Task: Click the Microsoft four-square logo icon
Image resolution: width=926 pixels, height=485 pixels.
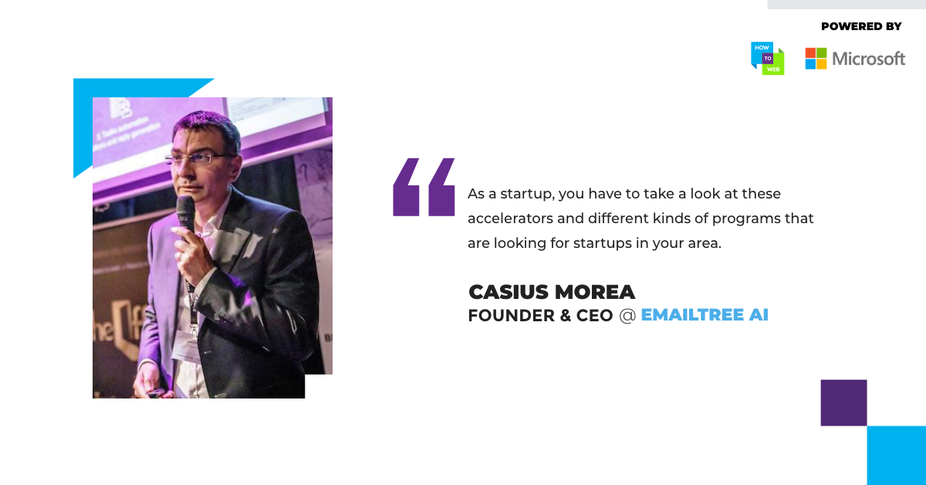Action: [x=816, y=59]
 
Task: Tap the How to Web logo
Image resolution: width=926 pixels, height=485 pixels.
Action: [x=767, y=59]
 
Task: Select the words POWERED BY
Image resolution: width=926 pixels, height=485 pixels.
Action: [x=861, y=26]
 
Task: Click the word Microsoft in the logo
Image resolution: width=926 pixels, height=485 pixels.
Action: [x=869, y=59]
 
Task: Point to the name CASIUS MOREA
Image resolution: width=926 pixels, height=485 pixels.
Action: [x=552, y=292]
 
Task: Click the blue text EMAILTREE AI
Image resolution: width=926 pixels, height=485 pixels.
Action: [x=705, y=315]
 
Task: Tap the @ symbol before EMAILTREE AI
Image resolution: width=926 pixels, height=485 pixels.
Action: [x=627, y=316]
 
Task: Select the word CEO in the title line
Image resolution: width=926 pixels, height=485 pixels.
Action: [x=594, y=315]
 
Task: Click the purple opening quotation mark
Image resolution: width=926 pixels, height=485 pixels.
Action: [x=424, y=187]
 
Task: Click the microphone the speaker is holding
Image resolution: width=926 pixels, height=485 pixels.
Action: [x=187, y=215]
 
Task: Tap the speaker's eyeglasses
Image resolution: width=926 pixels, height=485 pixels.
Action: [x=198, y=159]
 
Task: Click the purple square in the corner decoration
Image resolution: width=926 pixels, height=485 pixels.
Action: [x=843, y=402]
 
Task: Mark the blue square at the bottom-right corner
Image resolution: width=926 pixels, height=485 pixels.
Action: [x=896, y=455]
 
